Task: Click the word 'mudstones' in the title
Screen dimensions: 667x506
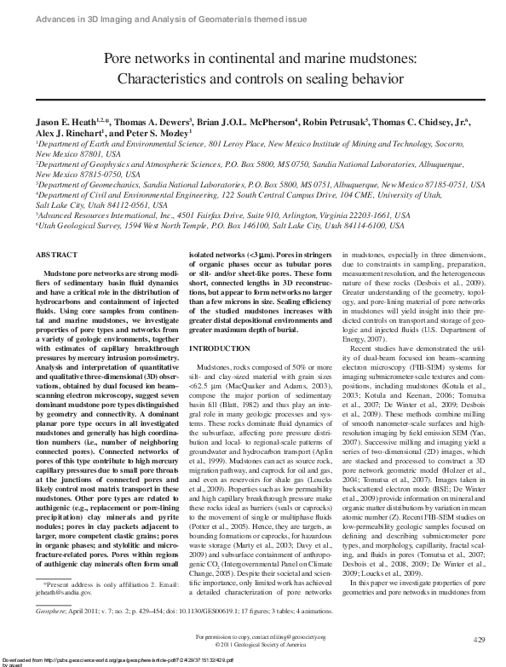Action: (x=370, y=59)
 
